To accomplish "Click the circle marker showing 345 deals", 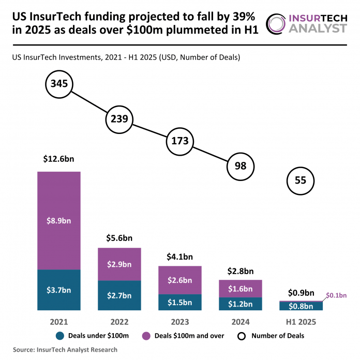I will click(x=59, y=83).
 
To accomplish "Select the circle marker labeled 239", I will click(x=119, y=119).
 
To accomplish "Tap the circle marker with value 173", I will click(x=180, y=141).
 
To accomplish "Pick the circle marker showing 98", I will click(x=241, y=166).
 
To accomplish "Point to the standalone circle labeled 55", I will click(x=301, y=181).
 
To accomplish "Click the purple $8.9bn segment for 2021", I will click(x=59, y=220).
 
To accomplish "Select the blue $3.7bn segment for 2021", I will click(x=59, y=290).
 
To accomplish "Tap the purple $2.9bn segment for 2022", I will click(x=119, y=264).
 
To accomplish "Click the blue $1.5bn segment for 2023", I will click(x=180, y=302).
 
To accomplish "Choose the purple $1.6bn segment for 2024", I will click(x=241, y=289).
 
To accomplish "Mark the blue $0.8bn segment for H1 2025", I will click(x=301, y=306).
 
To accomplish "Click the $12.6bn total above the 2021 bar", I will click(x=59, y=159).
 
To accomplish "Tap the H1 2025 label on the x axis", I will click(x=301, y=321).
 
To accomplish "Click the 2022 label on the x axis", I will click(x=119, y=321).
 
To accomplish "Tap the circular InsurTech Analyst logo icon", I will click(x=276, y=23).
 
